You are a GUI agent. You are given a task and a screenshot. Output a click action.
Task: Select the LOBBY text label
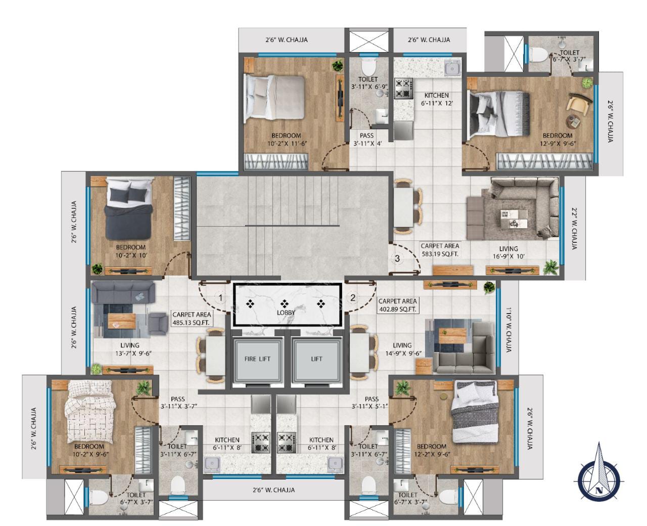tap(286, 312)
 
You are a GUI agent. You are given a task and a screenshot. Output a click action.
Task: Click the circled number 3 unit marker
tap(398, 258)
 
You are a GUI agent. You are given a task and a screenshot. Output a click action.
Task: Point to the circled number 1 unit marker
tap(220, 297)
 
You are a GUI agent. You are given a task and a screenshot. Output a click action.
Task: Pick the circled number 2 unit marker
tap(353, 297)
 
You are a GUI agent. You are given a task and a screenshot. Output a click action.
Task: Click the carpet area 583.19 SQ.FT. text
tap(440, 250)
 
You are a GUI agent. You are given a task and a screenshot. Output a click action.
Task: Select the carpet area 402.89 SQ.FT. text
tap(397, 304)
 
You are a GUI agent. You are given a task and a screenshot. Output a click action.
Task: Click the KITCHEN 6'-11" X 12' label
tap(436, 99)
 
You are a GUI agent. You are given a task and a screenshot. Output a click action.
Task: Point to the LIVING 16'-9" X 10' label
tap(508, 252)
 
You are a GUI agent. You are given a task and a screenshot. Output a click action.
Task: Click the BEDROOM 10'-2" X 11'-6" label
tap(286, 139)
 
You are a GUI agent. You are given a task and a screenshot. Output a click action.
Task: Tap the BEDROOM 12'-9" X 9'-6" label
tap(558, 139)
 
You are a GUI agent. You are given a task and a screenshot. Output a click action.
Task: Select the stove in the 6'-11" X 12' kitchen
tap(404, 87)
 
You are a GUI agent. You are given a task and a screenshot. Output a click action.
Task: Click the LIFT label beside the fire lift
tap(317, 359)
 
